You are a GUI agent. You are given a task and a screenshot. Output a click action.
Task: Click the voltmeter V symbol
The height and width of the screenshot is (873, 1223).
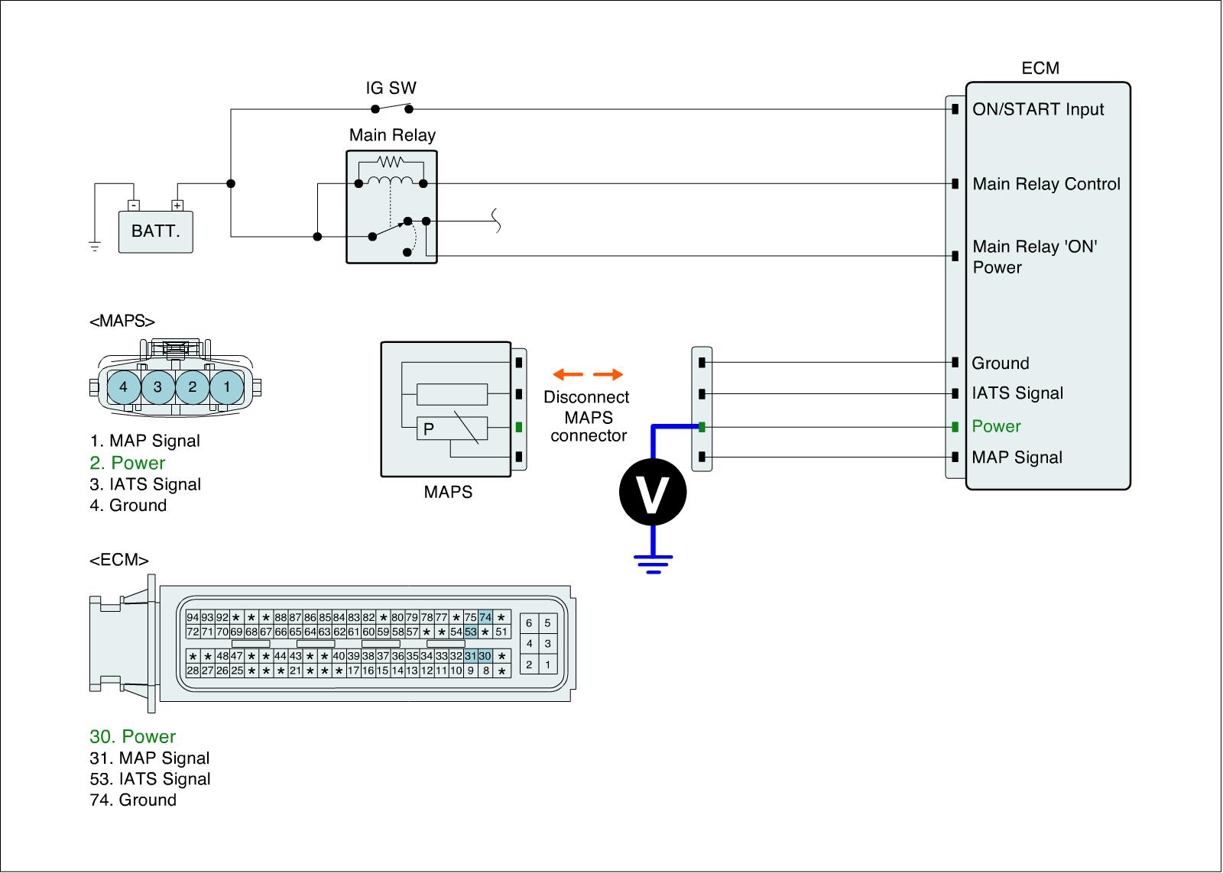pyautogui.click(x=653, y=492)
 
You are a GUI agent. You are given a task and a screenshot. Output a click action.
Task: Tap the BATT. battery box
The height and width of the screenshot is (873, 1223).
pyautogui.click(x=156, y=231)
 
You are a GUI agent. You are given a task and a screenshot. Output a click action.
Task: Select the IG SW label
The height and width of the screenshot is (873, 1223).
pyautogui.click(x=391, y=88)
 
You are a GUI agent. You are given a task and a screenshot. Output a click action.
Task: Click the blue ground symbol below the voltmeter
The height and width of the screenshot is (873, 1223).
pyautogui.click(x=653, y=564)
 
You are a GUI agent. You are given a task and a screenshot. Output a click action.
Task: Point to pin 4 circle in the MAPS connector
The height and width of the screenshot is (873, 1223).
pyautogui.click(x=123, y=386)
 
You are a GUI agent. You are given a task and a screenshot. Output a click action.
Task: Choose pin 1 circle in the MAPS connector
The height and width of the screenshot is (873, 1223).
pyautogui.click(x=226, y=386)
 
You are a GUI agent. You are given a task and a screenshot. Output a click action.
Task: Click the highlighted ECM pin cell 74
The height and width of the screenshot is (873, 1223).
pyautogui.click(x=485, y=617)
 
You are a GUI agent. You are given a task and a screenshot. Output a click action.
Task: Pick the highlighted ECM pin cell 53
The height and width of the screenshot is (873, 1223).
pyautogui.click(x=471, y=632)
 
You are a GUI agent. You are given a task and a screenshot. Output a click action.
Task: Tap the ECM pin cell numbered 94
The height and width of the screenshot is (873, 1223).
pyautogui.click(x=193, y=617)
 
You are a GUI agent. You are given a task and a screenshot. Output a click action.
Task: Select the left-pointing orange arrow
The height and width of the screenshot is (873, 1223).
pyautogui.click(x=568, y=374)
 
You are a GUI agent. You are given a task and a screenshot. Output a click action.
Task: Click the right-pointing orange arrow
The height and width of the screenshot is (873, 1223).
pyautogui.click(x=608, y=374)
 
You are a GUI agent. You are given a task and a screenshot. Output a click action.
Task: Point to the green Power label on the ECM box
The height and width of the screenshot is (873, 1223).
pyautogui.click(x=996, y=426)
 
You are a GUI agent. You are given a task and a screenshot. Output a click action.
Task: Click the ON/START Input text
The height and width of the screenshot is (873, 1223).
pyautogui.click(x=1038, y=109)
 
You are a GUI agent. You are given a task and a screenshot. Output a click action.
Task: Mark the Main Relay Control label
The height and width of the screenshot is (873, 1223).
pyautogui.click(x=1046, y=184)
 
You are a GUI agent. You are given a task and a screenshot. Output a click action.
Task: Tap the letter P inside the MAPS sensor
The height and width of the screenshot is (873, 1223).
pyautogui.click(x=429, y=428)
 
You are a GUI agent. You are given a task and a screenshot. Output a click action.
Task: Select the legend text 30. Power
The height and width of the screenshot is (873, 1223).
pyautogui.click(x=133, y=736)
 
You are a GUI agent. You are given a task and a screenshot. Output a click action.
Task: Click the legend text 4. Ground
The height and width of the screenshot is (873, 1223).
pyautogui.click(x=128, y=506)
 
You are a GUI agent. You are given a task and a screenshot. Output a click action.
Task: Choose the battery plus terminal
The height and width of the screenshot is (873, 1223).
pyautogui.click(x=177, y=205)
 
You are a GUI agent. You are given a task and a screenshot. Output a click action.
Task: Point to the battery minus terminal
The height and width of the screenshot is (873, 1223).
pyautogui.click(x=134, y=205)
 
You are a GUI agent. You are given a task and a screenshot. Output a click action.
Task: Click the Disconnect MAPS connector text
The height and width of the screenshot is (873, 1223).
pyautogui.click(x=587, y=415)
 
